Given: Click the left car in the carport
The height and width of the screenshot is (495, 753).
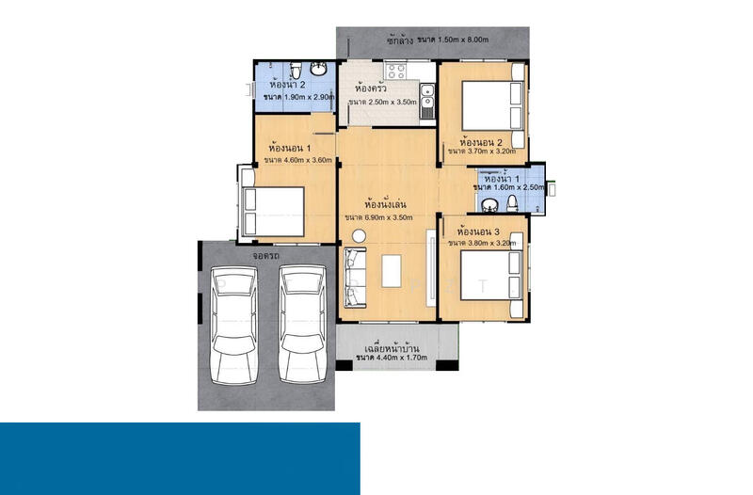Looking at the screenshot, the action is tap(234, 326).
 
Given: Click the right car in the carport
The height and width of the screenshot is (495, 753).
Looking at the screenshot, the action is tap(302, 325).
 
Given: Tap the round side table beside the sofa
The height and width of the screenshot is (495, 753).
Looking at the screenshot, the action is tap(359, 236).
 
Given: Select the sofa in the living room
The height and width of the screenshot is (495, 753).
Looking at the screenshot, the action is tap(355, 278).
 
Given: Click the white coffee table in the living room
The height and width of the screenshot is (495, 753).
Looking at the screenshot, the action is tap(392, 271).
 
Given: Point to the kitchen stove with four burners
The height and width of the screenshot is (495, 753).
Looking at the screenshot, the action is tap(396, 72).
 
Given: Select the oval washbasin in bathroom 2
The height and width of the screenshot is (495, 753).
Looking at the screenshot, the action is tap(318, 69).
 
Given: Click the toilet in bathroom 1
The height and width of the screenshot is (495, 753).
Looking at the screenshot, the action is tap(512, 203).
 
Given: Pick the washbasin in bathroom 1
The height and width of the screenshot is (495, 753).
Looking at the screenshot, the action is tap(489, 205).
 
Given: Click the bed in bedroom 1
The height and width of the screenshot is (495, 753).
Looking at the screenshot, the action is tap(273, 212).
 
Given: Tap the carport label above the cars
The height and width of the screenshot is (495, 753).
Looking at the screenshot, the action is tap(266, 256).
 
